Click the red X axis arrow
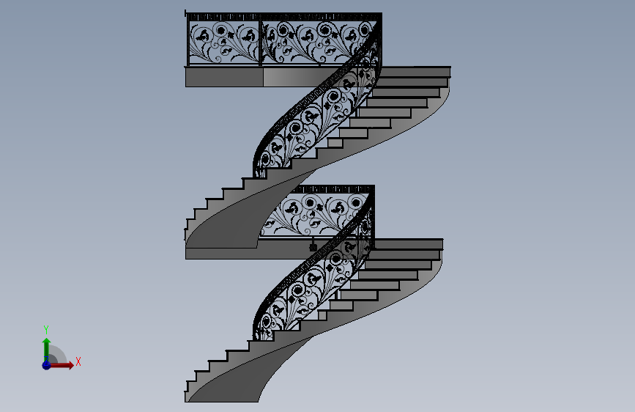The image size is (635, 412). point(61,365)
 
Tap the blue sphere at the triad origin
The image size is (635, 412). point(46,365)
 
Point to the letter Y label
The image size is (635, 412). point(46,329)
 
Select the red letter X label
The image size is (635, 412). point(78,361)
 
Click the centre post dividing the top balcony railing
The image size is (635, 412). point(261,40)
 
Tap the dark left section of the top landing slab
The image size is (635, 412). point(224,77)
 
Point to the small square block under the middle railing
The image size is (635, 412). point(313,247)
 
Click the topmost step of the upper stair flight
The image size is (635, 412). point(415,72)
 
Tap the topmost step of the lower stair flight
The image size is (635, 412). point(408,245)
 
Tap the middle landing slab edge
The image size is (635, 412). point(221,254)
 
